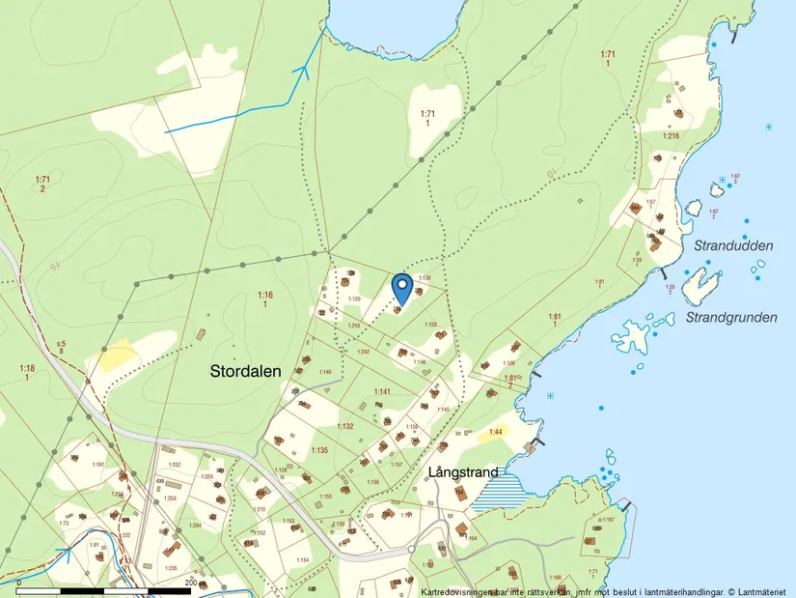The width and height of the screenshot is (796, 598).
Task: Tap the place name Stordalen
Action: click(x=246, y=371)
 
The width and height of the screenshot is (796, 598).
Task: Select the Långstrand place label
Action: click(x=464, y=472)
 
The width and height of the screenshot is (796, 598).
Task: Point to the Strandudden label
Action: click(x=733, y=246)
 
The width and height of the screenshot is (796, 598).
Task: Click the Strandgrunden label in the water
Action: click(x=731, y=317)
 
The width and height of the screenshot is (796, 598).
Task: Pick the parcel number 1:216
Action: click(x=671, y=136)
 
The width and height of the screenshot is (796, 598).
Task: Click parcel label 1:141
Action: click(x=382, y=391)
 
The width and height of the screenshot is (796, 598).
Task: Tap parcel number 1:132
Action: click(x=345, y=426)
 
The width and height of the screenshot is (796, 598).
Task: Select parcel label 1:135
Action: click(x=320, y=450)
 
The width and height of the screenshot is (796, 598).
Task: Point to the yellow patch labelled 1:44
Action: click(x=495, y=432)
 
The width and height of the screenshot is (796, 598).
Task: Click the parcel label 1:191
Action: click(x=97, y=465)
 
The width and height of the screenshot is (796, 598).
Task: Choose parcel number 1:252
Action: click(x=175, y=465)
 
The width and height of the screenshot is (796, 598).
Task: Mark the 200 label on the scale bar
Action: click(x=190, y=583)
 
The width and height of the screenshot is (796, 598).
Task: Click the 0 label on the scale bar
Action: click(x=19, y=583)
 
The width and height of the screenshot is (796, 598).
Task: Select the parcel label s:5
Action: click(x=61, y=344)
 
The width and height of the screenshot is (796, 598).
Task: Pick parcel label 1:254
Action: click(x=196, y=525)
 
